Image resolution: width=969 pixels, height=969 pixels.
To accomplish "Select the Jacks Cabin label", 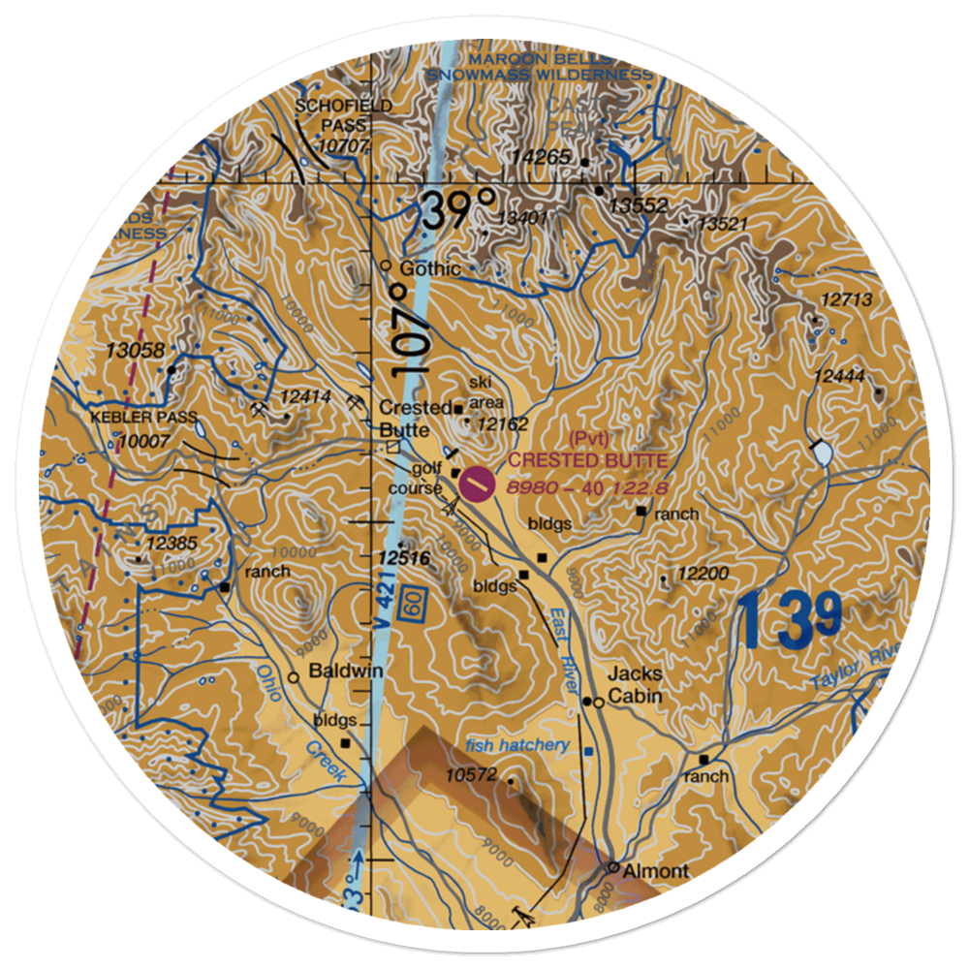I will coord(635,685).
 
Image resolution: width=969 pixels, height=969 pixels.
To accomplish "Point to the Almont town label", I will coord(655,870).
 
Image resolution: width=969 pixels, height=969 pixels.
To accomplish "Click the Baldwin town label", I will coord(346,671).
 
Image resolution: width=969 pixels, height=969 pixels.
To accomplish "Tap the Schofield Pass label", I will coord(331,125).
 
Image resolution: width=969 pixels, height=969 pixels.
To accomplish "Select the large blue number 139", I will coord(789,620).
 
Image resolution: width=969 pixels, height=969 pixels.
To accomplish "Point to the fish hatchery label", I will coord(516,744).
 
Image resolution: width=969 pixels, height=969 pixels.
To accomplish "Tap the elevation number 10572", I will coord(471,774).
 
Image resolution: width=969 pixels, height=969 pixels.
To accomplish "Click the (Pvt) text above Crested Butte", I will coord(587,438).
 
